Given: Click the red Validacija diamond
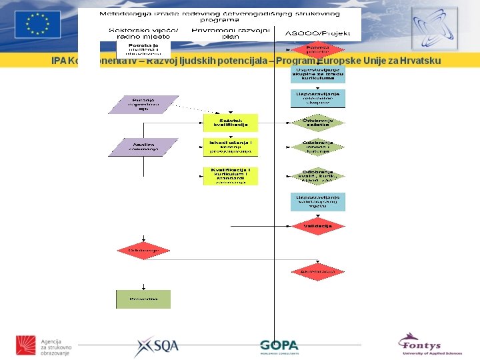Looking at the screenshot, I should click(318, 226).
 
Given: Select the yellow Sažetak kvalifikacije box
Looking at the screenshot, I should click(230, 122).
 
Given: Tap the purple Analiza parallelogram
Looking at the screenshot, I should click(143, 147).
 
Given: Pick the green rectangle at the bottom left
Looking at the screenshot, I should click(143, 299).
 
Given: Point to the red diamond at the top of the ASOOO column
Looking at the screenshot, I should click(317, 50).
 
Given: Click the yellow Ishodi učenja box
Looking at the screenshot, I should click(230, 147).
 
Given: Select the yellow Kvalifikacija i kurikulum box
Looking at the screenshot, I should click(230, 176).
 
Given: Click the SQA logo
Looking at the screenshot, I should click(157, 346).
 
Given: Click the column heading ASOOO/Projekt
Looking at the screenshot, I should click(317, 33).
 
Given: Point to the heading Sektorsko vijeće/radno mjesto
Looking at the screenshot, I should click(144, 33).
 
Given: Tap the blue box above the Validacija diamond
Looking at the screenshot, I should click(318, 201).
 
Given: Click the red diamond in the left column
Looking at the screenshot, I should click(143, 250).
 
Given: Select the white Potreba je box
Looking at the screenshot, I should click(144, 49).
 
